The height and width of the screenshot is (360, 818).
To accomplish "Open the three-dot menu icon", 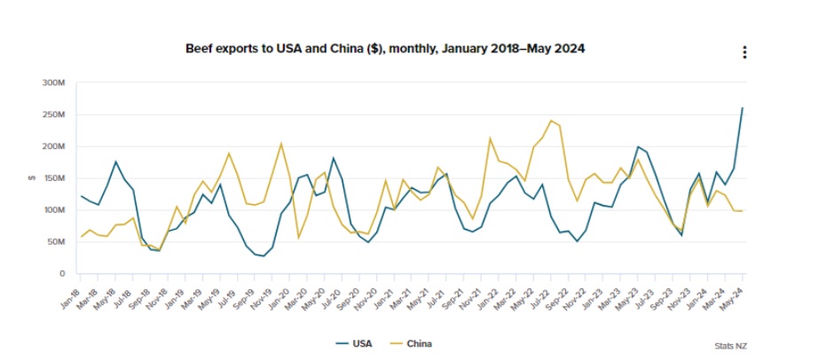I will click(x=745, y=52).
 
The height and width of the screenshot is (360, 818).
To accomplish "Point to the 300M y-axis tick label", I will click(x=54, y=82).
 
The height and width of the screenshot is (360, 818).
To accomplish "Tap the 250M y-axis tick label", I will click(x=54, y=114).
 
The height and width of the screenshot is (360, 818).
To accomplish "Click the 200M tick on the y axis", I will click(x=54, y=146).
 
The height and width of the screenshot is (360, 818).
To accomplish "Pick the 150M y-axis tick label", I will click(x=54, y=178).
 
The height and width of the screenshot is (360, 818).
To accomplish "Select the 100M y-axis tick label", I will click(x=54, y=210).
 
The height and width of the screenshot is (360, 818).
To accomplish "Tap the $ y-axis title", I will click(x=32, y=178).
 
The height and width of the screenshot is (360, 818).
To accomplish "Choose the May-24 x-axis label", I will click(x=734, y=294).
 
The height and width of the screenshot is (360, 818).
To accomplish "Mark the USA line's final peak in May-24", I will click(x=743, y=108).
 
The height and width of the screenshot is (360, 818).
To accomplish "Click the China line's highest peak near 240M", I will click(x=551, y=121).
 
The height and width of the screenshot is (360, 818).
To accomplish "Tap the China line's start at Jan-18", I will click(x=81, y=237).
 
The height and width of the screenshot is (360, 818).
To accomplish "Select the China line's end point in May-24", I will click(x=743, y=211).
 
